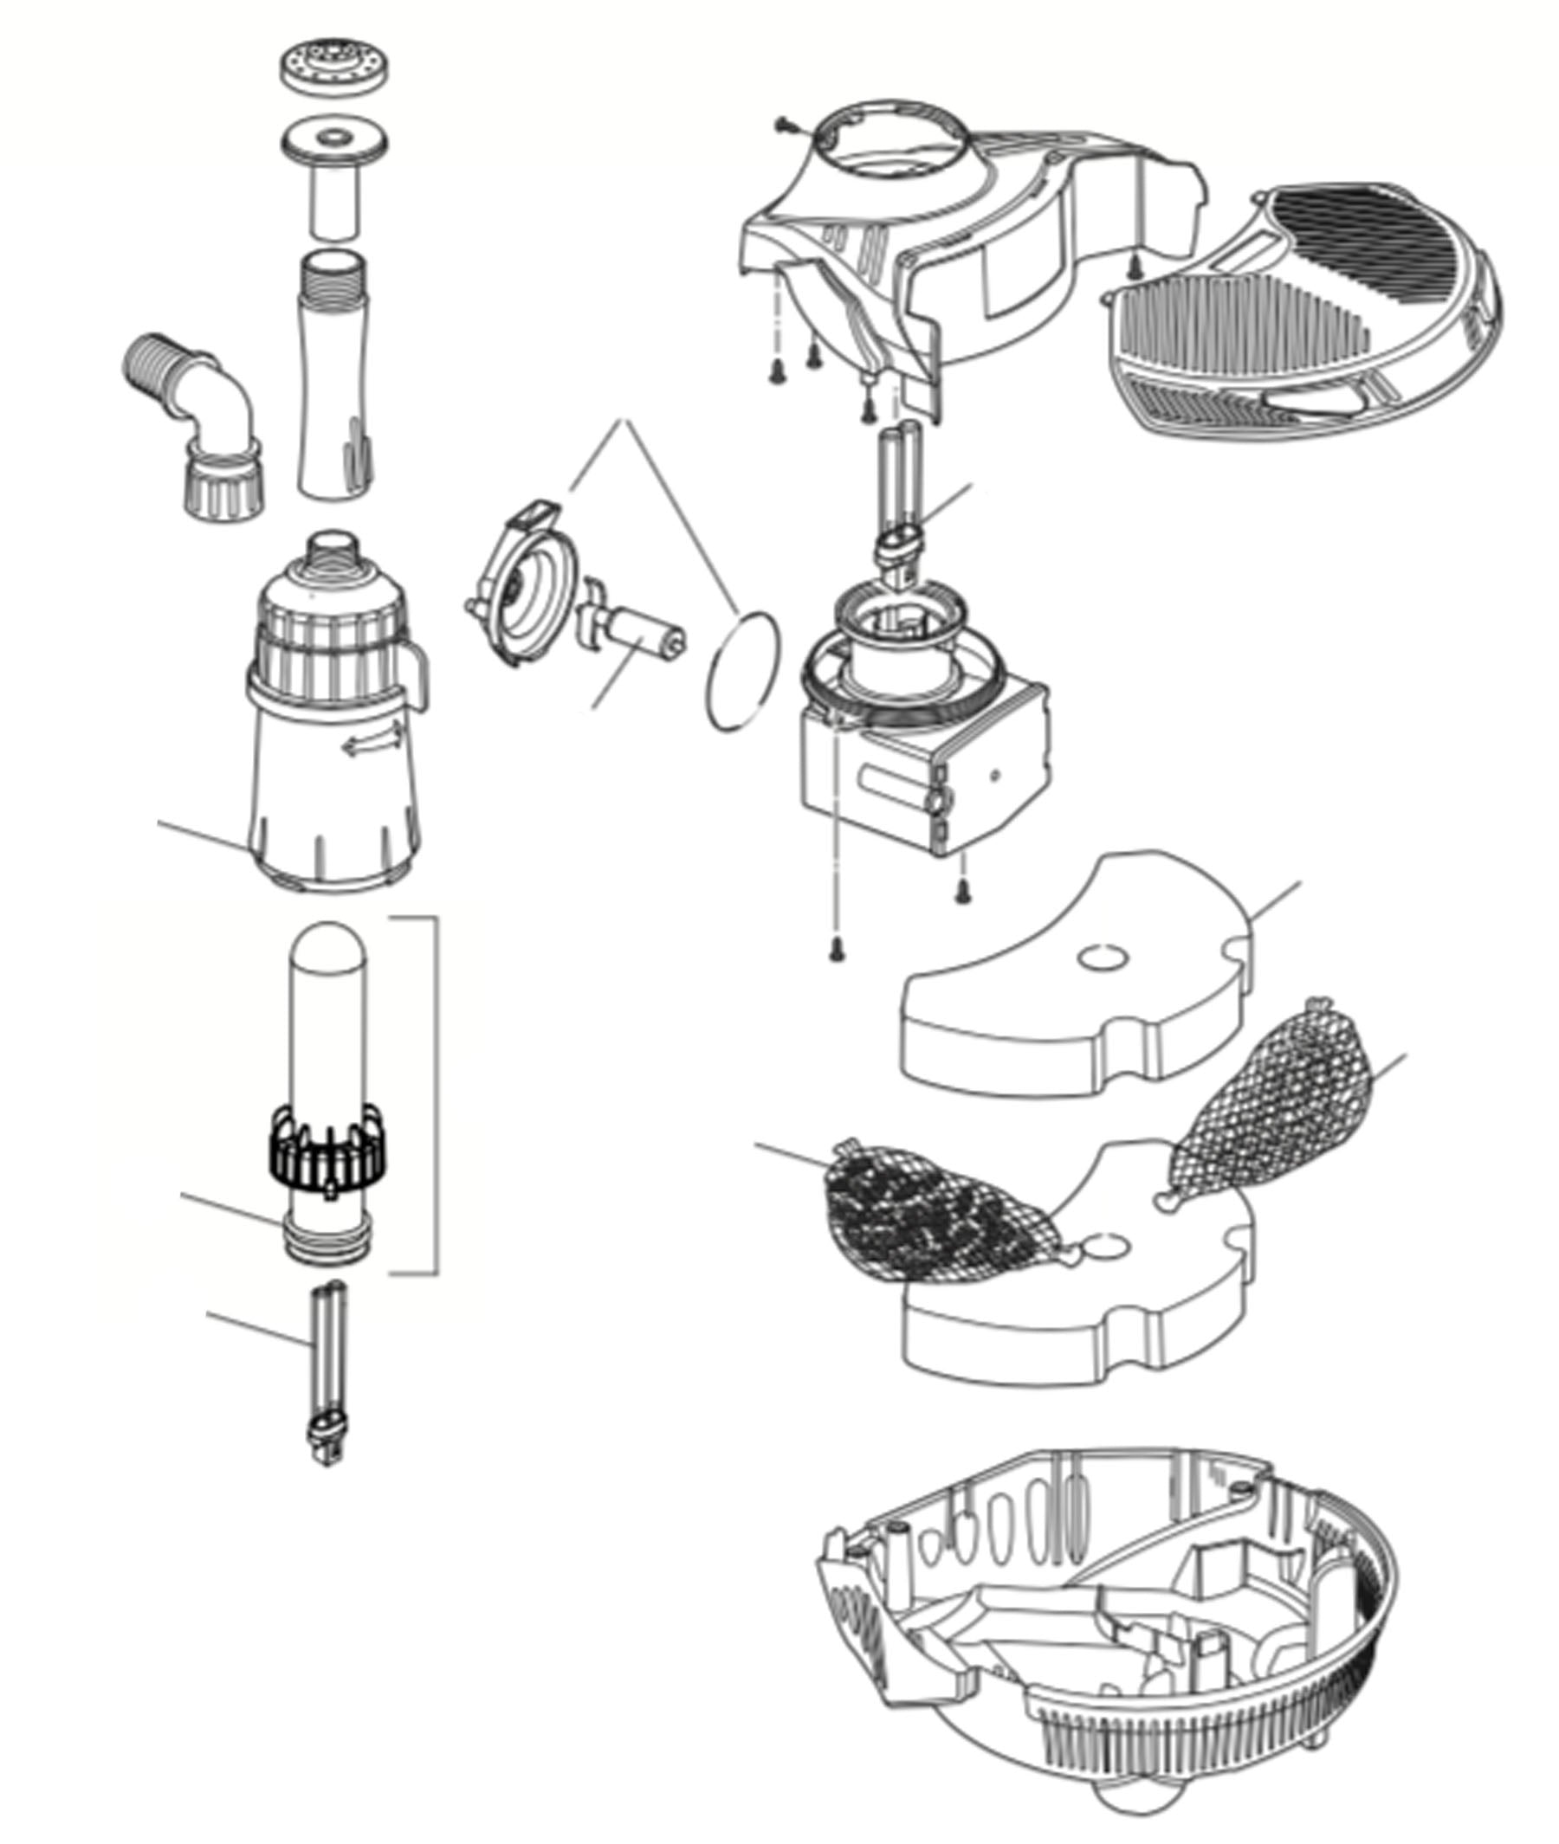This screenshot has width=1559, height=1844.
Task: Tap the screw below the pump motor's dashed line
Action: [835, 950]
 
